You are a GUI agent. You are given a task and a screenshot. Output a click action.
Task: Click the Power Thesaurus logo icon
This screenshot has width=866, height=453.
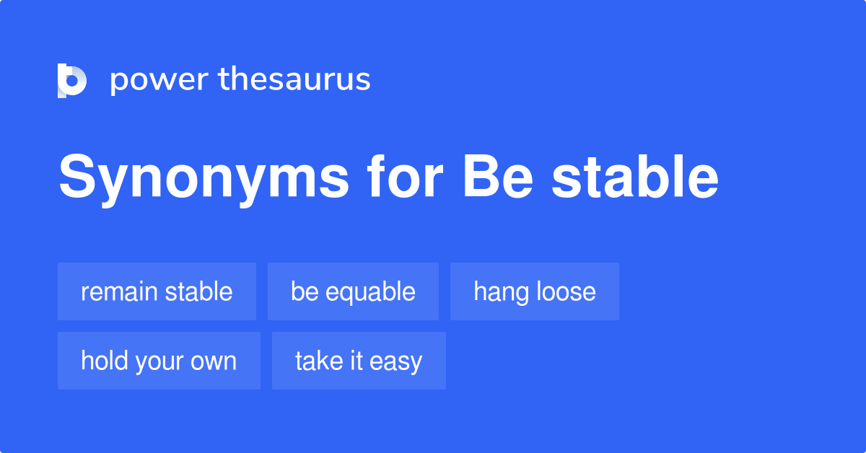tap(71, 80)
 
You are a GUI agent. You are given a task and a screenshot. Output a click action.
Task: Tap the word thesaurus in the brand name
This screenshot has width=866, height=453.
tap(294, 80)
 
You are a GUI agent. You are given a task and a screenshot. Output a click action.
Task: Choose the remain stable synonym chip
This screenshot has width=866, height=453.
tap(157, 291)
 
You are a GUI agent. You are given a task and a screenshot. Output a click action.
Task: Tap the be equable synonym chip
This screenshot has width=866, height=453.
tap(353, 291)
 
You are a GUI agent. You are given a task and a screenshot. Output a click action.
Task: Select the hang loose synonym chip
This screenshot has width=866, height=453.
tap(535, 291)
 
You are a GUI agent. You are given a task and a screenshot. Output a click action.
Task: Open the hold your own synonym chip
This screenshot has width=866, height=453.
tap(159, 361)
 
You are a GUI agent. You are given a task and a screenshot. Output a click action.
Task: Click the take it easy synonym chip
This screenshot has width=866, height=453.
tap(359, 361)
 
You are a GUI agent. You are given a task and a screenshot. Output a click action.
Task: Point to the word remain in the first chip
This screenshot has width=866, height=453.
tap(119, 291)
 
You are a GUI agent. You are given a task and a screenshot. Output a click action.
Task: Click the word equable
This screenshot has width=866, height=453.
tap(370, 292)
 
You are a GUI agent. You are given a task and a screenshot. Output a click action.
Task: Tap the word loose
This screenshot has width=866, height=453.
tap(566, 291)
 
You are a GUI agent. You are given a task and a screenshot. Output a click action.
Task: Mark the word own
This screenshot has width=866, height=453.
tap(216, 361)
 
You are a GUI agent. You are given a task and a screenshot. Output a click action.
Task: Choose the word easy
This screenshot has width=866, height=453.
tap(396, 361)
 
